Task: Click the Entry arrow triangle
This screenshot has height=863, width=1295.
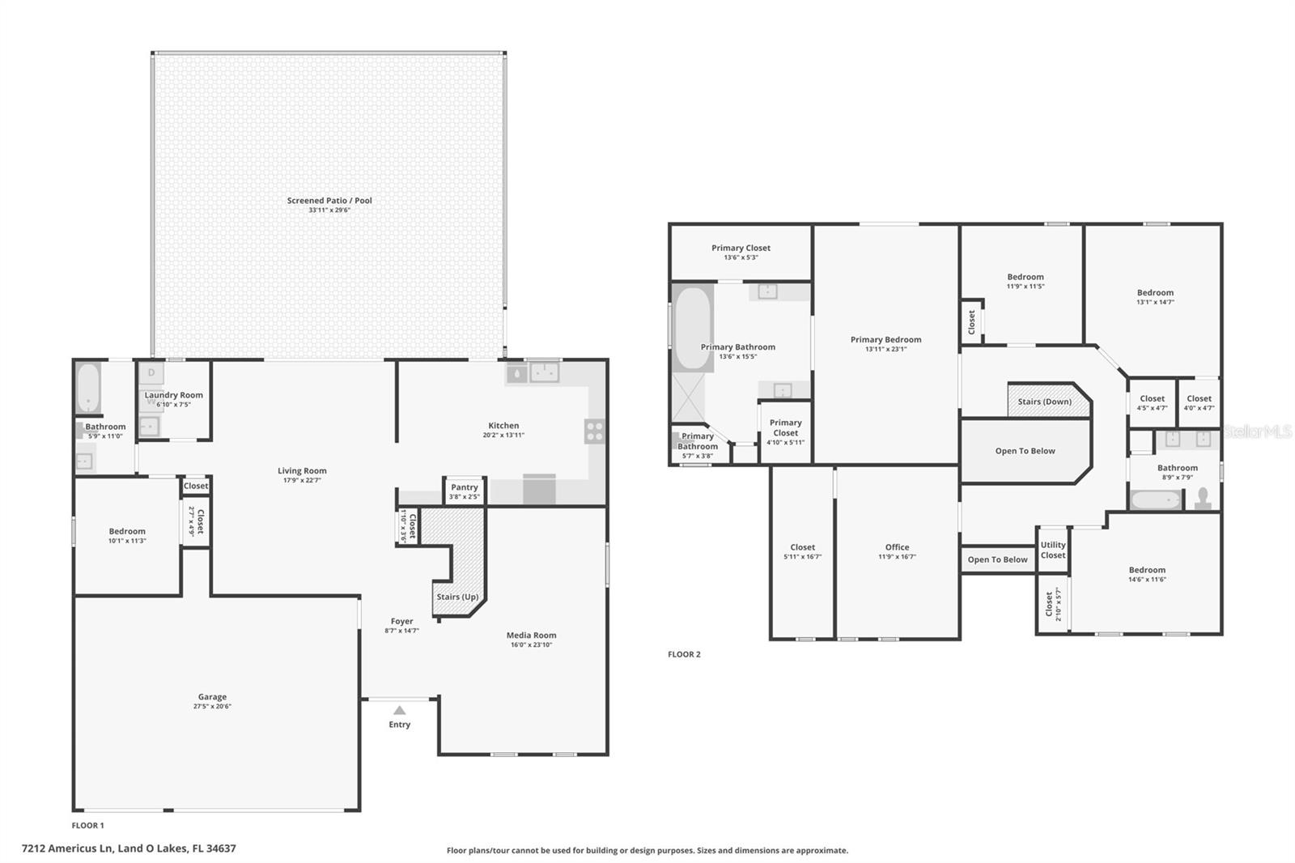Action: click(400, 710)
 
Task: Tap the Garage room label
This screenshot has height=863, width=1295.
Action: click(212, 697)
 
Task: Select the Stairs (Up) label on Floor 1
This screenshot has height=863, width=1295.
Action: click(457, 597)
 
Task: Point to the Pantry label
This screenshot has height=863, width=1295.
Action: click(465, 487)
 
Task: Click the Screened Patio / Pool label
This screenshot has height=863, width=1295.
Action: click(329, 201)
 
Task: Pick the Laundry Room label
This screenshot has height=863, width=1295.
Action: click(173, 395)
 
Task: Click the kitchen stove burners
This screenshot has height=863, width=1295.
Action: click(595, 431)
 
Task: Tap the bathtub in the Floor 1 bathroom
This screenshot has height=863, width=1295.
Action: click(88, 388)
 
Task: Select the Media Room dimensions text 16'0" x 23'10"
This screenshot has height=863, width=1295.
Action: click(531, 645)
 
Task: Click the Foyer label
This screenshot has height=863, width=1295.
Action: click(401, 621)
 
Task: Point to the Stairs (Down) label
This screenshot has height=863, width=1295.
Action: click(1045, 402)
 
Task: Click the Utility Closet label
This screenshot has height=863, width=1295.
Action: click(1053, 550)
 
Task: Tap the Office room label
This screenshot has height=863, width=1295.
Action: click(898, 547)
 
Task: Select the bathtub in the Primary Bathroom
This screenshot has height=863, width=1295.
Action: click(693, 329)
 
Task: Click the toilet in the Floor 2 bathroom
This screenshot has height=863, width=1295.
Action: click(1203, 499)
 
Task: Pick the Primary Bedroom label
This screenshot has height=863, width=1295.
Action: click(885, 339)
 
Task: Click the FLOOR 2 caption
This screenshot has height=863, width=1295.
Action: click(684, 654)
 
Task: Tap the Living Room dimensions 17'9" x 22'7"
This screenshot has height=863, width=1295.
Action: click(302, 480)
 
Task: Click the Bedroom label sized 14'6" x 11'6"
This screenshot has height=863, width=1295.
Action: click(1147, 570)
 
